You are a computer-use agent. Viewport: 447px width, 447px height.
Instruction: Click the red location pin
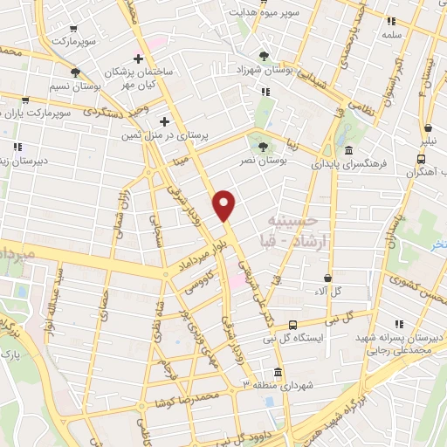point(225,205)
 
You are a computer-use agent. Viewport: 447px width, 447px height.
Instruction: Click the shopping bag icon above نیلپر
point(427,126)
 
